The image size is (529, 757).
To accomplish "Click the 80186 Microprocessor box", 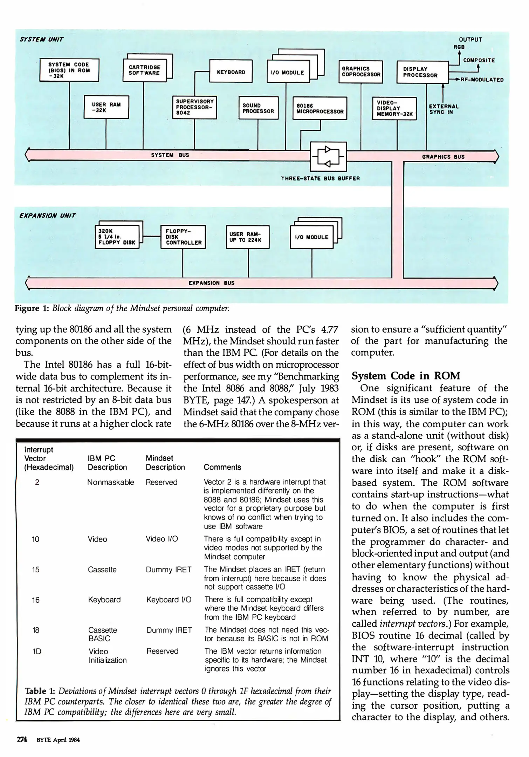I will (320, 109).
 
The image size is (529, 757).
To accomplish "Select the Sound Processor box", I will (258, 108).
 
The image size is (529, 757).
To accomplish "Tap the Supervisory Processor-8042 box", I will (194, 107).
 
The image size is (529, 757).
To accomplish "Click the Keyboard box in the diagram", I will (231, 72).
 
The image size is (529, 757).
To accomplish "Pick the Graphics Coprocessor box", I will (361, 72).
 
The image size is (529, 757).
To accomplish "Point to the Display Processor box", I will (422, 72).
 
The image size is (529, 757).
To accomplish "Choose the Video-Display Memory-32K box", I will (394, 109).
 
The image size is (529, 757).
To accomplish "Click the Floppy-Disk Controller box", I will (183, 237).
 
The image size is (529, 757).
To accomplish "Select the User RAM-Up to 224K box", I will (248, 237).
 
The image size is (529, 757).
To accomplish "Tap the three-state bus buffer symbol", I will (329, 156).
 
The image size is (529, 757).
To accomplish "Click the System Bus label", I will (170, 155).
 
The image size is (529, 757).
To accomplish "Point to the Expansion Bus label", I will (211, 283).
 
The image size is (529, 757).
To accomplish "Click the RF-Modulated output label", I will (482, 80).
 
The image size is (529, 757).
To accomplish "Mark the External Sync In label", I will (444, 109).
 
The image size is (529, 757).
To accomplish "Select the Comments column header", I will (222, 467).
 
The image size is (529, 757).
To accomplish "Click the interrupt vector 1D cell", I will (36, 651).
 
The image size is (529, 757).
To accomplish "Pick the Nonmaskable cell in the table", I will (110, 482).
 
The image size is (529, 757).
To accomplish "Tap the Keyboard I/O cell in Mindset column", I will (169, 600).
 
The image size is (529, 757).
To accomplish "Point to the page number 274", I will (22, 740).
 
